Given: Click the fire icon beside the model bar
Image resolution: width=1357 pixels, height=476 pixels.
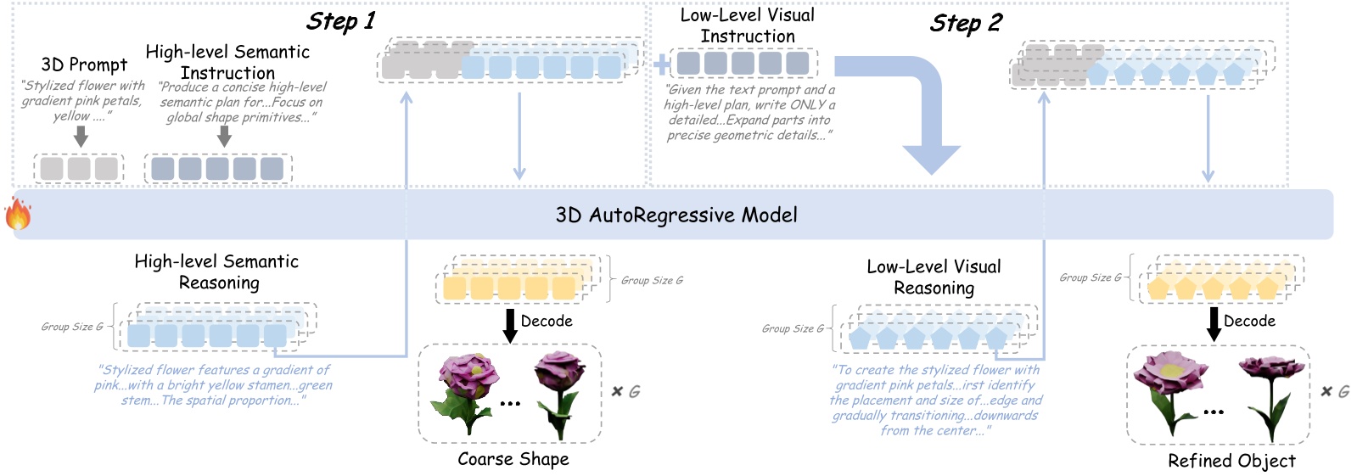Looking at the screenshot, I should tap(18, 214).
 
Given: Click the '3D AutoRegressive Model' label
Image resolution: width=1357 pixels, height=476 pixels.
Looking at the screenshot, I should tap(676, 215).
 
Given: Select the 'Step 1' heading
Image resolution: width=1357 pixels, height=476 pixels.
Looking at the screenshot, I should tap(340, 21).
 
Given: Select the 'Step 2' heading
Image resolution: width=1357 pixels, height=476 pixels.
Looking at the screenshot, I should tap(965, 23).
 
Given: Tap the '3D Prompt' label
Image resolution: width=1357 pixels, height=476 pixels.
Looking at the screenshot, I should tap(84, 64).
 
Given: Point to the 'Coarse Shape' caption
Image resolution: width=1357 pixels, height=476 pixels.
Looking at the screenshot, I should tap(513, 459).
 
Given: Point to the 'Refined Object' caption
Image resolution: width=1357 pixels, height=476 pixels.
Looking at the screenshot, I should tap(1231, 461).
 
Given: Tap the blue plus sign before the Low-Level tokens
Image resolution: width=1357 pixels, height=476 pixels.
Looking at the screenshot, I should tap(662, 64).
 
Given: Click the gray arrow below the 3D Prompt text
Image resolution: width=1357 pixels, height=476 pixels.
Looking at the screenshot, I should tap(81, 136).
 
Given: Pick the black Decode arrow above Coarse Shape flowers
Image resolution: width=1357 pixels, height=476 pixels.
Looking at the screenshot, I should tap(510, 325).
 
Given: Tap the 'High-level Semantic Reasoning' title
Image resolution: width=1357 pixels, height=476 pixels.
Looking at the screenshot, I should tap(217, 272).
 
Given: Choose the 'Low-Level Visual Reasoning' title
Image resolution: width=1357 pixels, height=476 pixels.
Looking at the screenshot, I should tap(934, 277).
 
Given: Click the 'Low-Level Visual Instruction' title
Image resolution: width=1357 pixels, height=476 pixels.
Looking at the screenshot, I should tap(747, 25).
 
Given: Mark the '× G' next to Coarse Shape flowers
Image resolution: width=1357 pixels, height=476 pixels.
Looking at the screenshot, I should tap(625, 391).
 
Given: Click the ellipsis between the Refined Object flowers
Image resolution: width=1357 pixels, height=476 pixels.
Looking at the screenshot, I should tap(1214, 412).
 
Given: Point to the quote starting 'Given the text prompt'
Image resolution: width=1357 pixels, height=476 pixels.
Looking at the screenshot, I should tap(749, 112).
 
